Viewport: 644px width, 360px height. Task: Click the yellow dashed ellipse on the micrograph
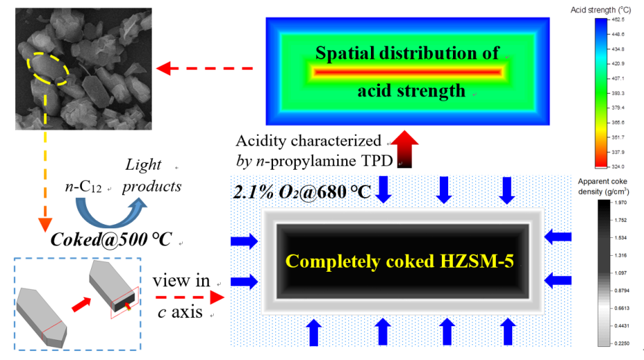49,70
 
